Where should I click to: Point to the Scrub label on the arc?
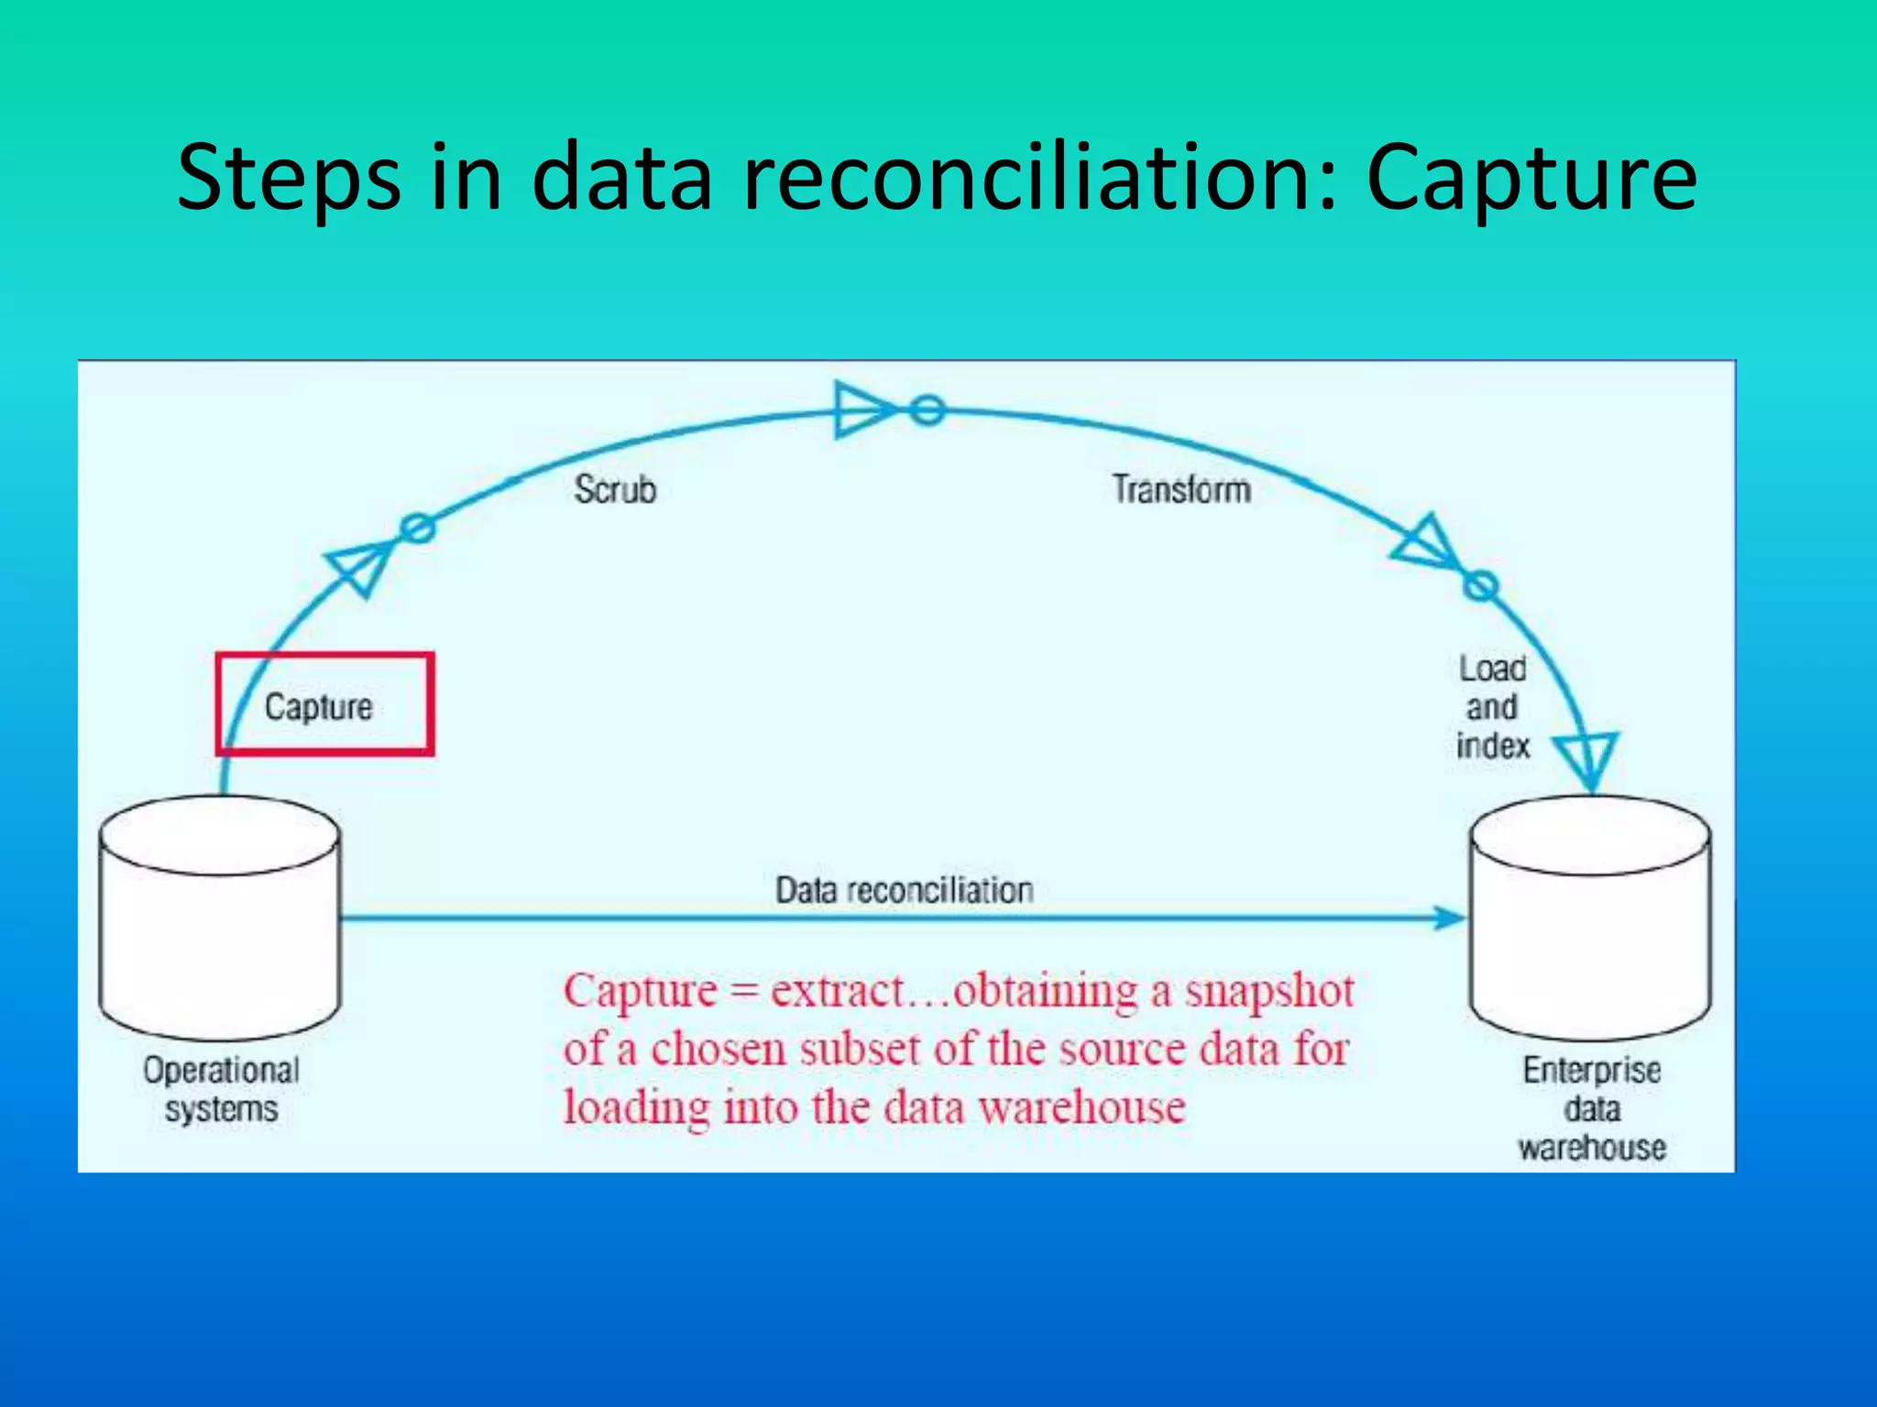click(x=615, y=489)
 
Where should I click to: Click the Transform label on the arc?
click(x=1181, y=489)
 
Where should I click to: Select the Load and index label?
click(x=1492, y=707)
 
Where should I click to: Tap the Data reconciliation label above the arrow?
click(x=904, y=889)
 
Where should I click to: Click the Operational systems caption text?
click(x=221, y=1089)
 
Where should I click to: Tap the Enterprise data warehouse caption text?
click(x=1591, y=1108)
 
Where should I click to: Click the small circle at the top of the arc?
click(x=927, y=409)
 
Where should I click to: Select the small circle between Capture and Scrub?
click(x=418, y=528)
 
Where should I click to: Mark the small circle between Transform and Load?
click(x=1480, y=585)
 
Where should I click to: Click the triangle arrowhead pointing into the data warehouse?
click(x=1587, y=757)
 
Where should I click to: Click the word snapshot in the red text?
click(x=1269, y=991)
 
